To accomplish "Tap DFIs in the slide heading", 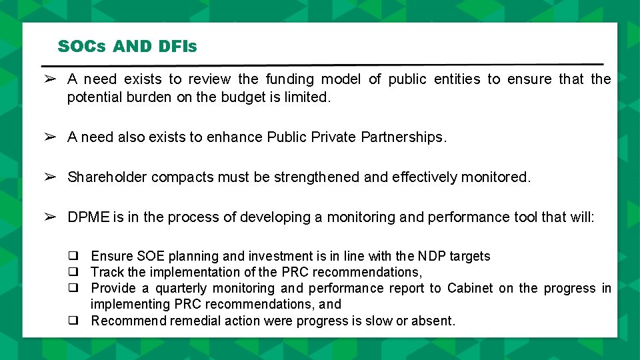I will tap(177, 47).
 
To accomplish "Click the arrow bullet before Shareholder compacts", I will tap(49, 177).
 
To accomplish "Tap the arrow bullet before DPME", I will tap(49, 217).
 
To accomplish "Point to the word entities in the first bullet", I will tap(457, 79).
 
